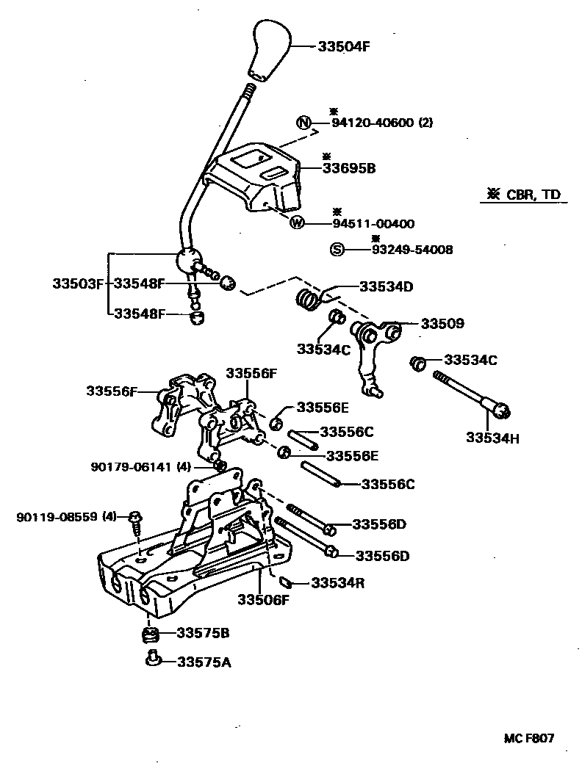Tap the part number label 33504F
coord(343,46)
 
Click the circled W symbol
coord(297,223)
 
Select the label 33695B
coord(349,168)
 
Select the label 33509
coord(442,323)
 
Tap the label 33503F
coord(79,283)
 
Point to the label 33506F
coord(263,600)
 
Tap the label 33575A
coord(204,662)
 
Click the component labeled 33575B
coord(149,634)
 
